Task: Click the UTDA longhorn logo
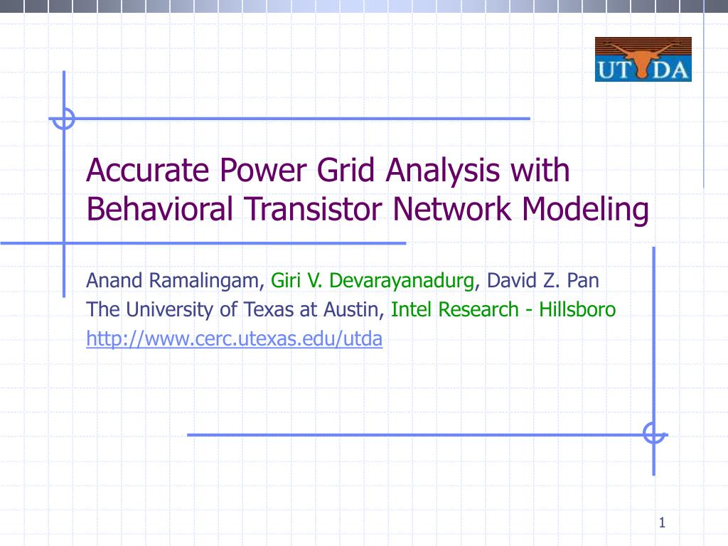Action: pyautogui.click(x=643, y=59)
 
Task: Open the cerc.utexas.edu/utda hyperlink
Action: pyautogui.click(x=234, y=340)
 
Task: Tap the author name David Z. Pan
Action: pyautogui.click(x=543, y=281)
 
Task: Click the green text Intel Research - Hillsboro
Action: pyautogui.click(x=503, y=310)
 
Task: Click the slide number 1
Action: pyautogui.click(x=661, y=524)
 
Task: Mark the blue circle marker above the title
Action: pyautogui.click(x=64, y=119)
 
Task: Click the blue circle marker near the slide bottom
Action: pyautogui.click(x=653, y=433)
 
